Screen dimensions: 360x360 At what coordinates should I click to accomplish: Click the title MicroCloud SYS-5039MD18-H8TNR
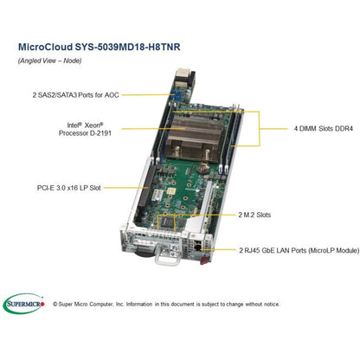100,47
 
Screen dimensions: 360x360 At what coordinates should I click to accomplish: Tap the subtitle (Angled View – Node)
49,61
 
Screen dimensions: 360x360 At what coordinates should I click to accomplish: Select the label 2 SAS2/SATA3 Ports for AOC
75,95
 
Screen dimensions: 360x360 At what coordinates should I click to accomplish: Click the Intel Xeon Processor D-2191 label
85,129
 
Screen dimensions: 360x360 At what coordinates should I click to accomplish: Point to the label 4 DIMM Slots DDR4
324,129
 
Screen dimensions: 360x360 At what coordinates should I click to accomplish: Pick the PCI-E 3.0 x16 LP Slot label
69,188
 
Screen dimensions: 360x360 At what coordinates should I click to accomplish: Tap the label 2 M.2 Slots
254,215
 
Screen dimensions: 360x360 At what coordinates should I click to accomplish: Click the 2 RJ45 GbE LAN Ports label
299,250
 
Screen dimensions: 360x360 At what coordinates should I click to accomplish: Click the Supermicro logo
24,304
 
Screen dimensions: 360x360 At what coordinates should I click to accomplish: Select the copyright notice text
166,304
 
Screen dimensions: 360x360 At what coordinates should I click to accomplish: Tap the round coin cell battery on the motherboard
204,168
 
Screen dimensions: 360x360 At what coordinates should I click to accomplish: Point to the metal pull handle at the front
167,257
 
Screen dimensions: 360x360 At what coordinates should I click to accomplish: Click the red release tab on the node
204,261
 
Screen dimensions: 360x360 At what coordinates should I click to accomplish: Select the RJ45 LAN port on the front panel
197,246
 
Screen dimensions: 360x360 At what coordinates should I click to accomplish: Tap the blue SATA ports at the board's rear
176,95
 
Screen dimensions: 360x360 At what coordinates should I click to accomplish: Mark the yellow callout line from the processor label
153,129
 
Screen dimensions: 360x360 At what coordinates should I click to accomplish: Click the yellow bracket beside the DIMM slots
259,129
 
